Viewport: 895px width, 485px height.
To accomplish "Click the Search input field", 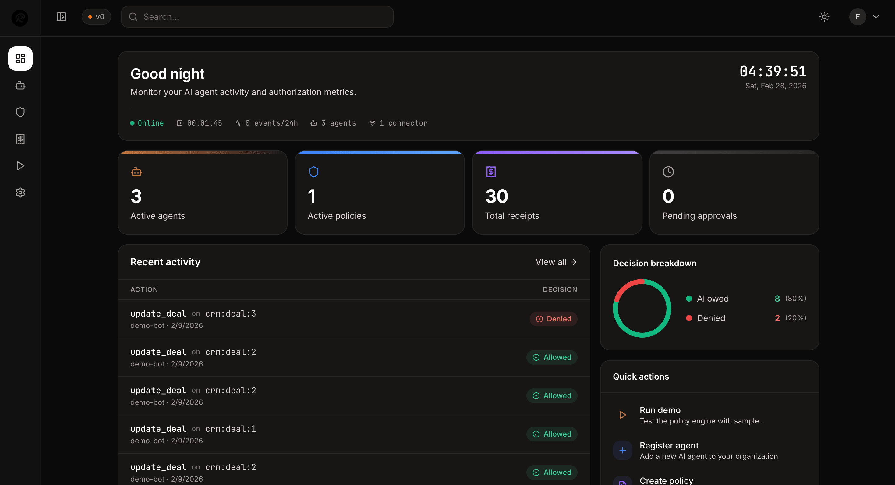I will (x=257, y=17).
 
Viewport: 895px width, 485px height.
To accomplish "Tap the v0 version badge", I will (x=96, y=17).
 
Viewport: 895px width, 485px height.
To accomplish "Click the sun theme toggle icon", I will (x=824, y=17).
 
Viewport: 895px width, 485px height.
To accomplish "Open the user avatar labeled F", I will (x=858, y=17).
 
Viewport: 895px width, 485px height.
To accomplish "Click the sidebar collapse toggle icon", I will (x=62, y=17).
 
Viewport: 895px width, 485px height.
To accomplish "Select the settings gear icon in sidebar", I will (x=20, y=193).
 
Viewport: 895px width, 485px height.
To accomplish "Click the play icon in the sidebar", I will (x=20, y=166).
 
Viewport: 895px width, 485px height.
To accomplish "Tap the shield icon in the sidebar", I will (x=20, y=112).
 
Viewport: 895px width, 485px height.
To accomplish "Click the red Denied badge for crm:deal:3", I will (x=554, y=319).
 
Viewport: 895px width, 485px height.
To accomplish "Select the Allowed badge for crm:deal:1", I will (x=552, y=434).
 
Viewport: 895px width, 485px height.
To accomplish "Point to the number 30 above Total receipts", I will (x=497, y=196).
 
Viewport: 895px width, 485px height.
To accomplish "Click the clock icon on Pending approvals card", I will (x=668, y=172).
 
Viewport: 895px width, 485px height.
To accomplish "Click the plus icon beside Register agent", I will (x=622, y=450).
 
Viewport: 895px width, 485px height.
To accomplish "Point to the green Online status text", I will (x=150, y=123).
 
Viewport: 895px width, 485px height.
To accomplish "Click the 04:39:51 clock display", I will (x=773, y=72).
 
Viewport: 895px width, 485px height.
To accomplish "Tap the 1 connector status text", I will (x=403, y=123).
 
